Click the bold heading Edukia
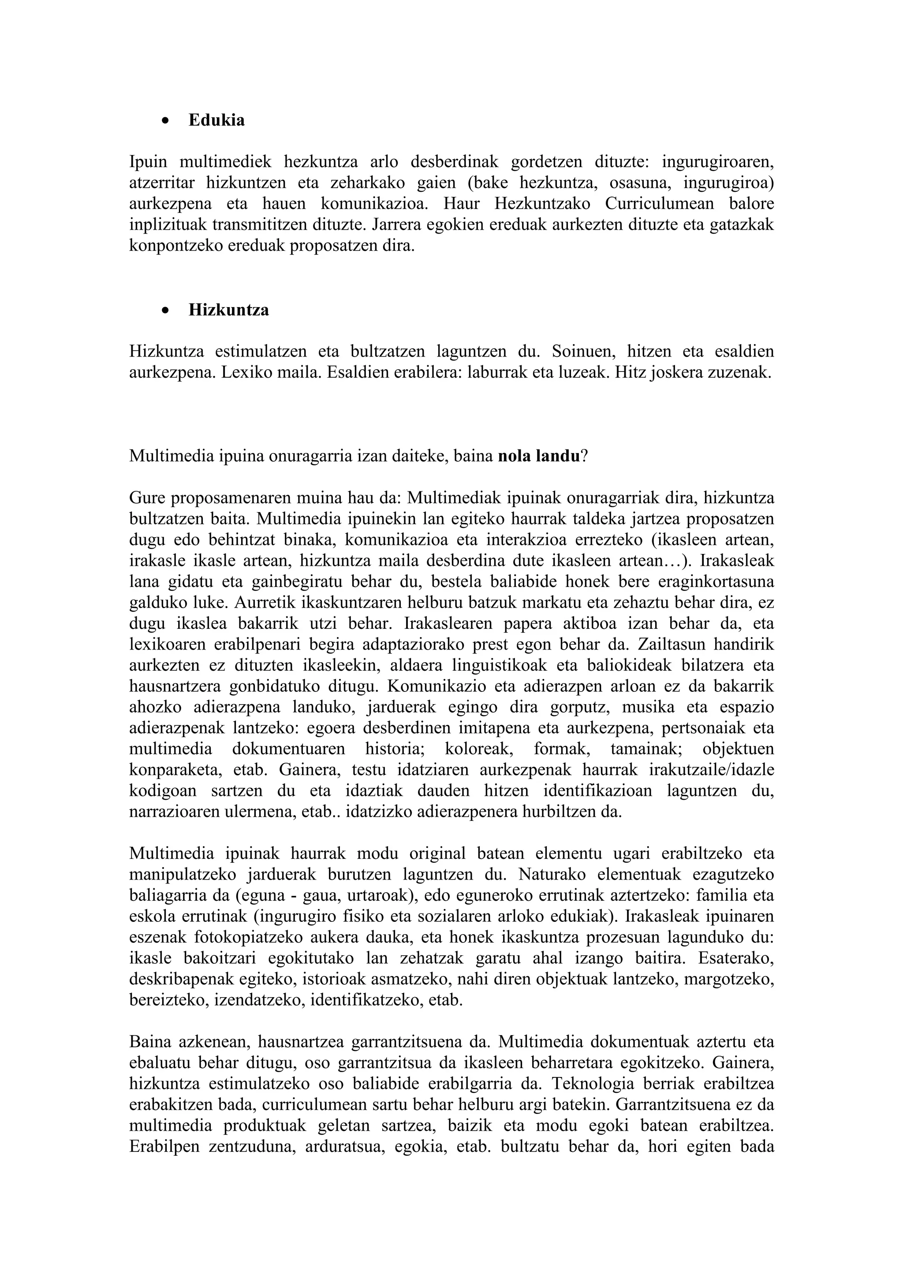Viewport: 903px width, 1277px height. (216, 120)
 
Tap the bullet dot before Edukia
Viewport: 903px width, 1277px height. (165, 121)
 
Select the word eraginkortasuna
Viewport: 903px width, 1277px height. (716, 581)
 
